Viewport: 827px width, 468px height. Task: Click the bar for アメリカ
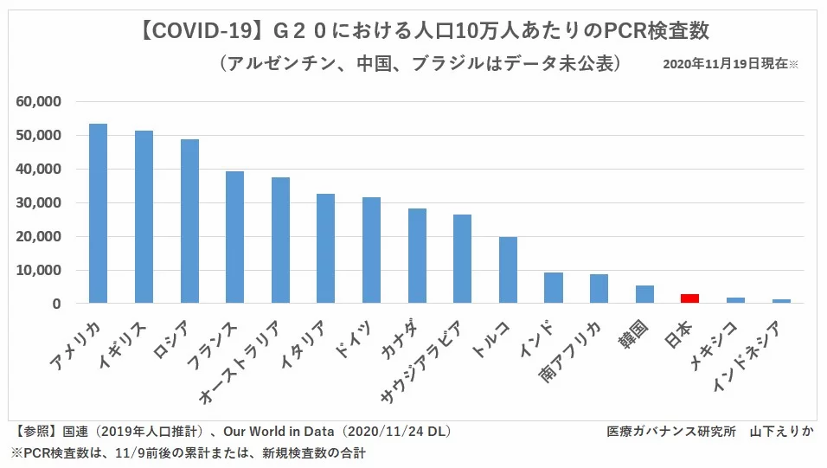click(x=98, y=214)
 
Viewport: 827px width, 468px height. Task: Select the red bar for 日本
click(x=690, y=298)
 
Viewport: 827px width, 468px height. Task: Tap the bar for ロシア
click(x=189, y=221)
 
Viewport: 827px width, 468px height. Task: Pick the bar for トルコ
click(x=508, y=270)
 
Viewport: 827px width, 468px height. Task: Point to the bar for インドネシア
click(x=781, y=301)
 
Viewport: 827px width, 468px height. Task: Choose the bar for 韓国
click(x=644, y=294)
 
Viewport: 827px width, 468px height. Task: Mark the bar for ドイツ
click(x=371, y=250)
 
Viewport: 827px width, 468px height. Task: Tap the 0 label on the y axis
click(x=56, y=305)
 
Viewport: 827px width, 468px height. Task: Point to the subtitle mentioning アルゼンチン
click(x=421, y=64)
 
